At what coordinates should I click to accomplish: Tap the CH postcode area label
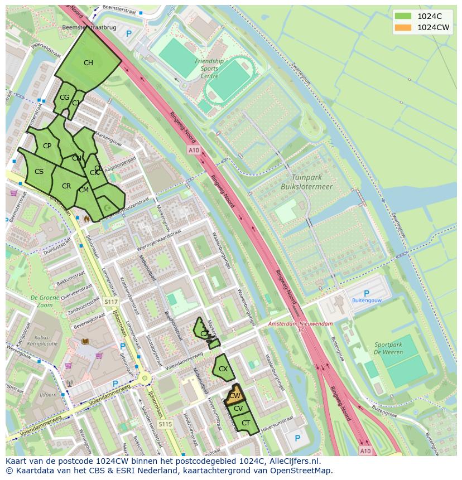pos(88,63)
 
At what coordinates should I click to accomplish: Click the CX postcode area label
pos(223,369)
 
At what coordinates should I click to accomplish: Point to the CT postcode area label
pos(246,423)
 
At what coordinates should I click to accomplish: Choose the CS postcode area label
pos(39,172)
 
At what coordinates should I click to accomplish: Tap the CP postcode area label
pos(47,146)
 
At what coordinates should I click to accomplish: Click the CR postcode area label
pos(66,186)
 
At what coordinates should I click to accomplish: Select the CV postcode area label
pos(238,409)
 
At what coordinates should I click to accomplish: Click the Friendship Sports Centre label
pos(209,69)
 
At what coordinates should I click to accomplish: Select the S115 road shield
pos(165,424)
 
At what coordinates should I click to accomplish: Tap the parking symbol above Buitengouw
pos(367,293)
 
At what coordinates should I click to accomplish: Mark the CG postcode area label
pos(64,98)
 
